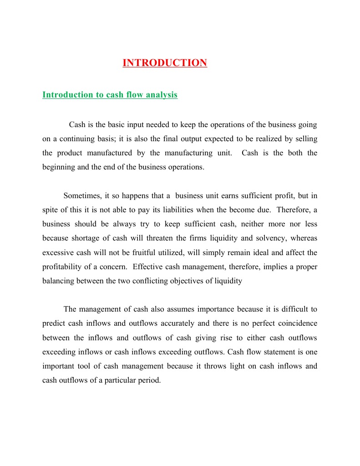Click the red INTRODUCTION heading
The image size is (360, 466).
(165, 63)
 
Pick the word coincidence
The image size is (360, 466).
(292, 323)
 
